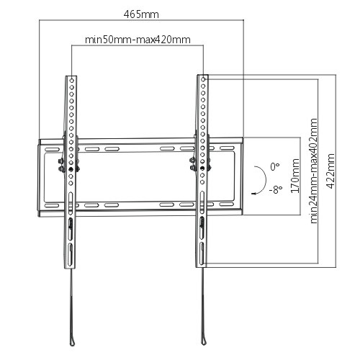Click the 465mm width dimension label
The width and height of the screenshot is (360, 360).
[x=141, y=14]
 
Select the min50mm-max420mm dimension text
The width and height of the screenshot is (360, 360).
[x=138, y=40]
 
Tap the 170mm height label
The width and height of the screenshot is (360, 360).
[x=295, y=176]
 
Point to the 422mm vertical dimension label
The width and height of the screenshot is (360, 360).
[x=330, y=171]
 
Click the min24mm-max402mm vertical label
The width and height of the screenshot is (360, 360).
[x=314, y=171]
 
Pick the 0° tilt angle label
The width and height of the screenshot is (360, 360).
[x=275, y=166]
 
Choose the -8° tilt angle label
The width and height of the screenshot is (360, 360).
[x=276, y=189]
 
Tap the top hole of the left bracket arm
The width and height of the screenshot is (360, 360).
[x=72, y=80]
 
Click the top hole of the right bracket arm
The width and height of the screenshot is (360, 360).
[x=203, y=79]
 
